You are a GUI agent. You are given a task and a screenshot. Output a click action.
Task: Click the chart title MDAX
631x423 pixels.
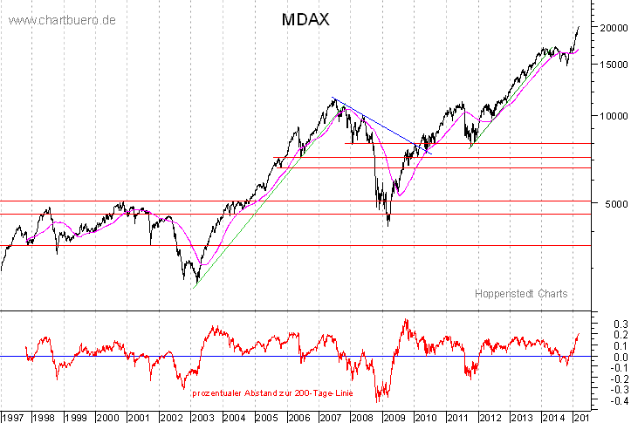coord(305,19)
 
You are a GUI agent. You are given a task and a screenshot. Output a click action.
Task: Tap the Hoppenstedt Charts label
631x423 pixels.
coord(521,294)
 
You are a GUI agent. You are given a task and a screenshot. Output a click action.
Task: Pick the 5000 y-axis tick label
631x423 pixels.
coord(605,204)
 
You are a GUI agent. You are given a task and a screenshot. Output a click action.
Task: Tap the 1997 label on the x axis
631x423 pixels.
coord(14,417)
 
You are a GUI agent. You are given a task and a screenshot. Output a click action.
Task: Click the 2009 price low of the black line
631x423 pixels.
coord(388,224)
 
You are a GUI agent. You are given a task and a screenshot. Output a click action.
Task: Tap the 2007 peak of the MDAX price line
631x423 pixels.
coord(334,99)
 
